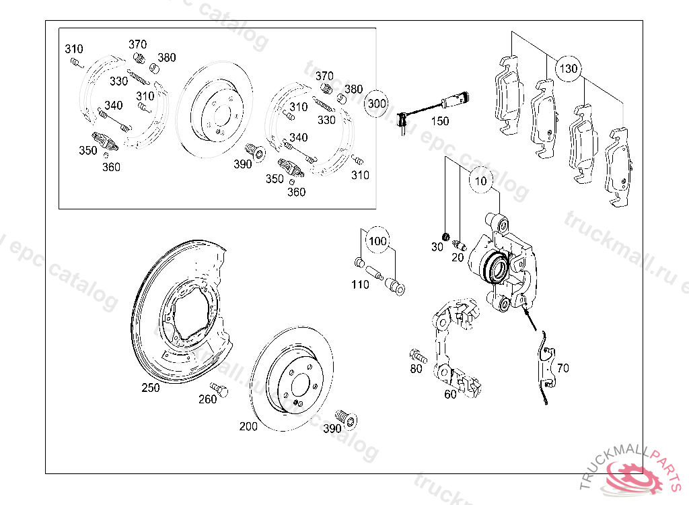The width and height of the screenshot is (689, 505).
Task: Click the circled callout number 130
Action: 569,69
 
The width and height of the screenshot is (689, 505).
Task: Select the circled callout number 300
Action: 377,104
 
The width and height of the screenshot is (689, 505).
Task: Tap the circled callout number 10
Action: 481,181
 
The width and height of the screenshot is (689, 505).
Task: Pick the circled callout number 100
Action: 377,241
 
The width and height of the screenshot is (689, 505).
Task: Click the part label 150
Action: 439,122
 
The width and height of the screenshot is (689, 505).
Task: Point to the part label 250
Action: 151,388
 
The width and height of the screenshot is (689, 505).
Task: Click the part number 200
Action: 248,426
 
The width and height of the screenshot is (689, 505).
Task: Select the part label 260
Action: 208,400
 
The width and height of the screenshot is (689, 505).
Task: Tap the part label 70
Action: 563,368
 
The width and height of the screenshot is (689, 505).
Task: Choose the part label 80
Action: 416,369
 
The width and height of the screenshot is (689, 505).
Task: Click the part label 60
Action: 450,395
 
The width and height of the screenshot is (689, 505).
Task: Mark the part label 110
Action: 360,285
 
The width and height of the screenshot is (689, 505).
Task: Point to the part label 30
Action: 437,247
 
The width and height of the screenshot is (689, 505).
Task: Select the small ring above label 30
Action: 445,236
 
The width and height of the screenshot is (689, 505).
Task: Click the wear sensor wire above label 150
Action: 431,106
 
